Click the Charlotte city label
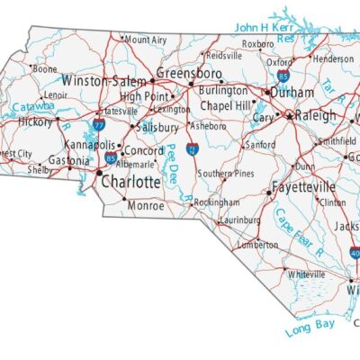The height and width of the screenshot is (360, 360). pos(130,182)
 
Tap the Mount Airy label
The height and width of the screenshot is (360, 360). pos(146,40)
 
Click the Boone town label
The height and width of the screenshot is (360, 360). pos(45,68)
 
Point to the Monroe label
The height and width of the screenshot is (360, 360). pos(146,205)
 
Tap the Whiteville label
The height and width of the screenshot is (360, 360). pos(307,274)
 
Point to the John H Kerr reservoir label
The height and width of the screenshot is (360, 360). pos(265,28)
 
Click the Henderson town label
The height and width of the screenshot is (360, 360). pos(333,58)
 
